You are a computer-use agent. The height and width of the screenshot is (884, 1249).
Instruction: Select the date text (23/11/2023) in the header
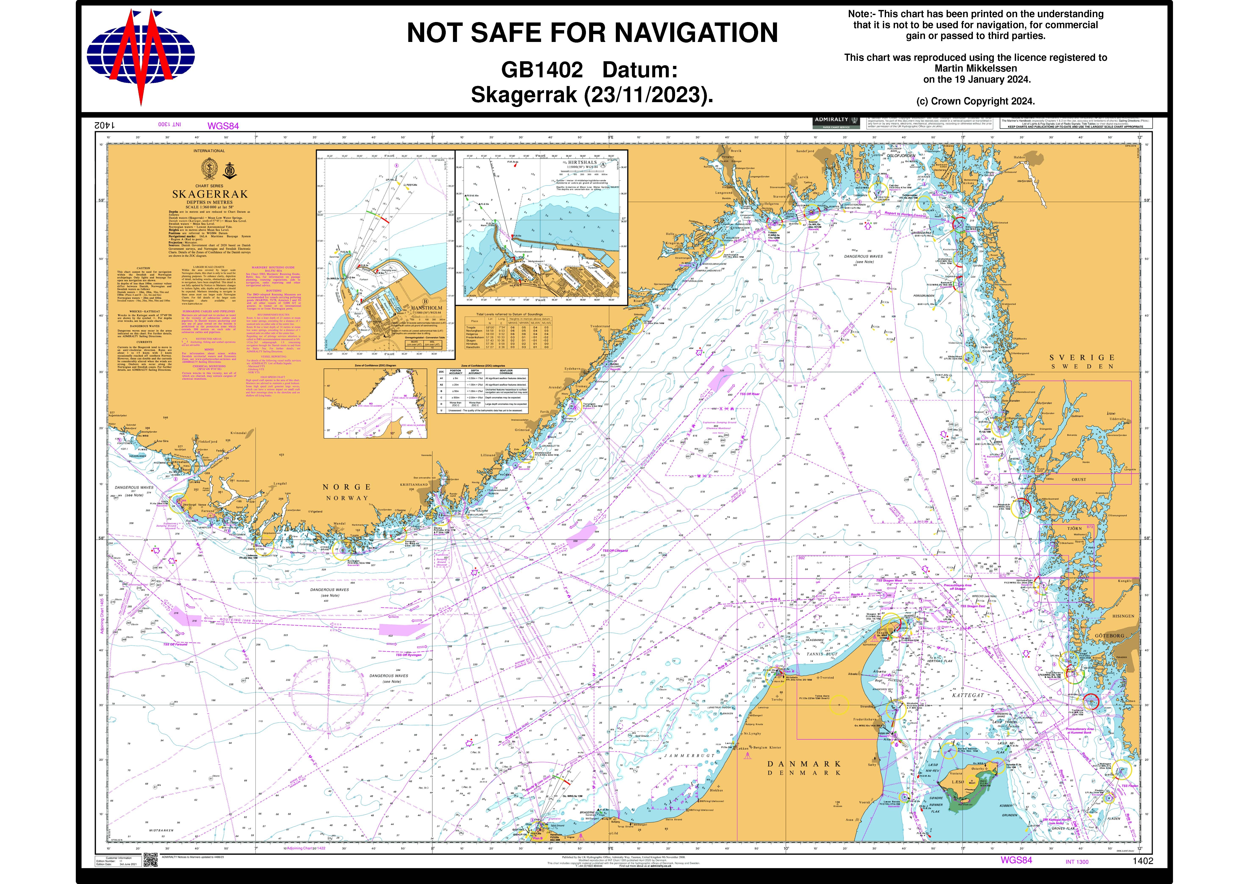point(647,95)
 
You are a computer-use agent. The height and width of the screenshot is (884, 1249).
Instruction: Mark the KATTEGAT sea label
point(968,696)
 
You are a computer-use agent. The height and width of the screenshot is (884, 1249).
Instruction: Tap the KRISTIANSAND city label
point(414,484)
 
